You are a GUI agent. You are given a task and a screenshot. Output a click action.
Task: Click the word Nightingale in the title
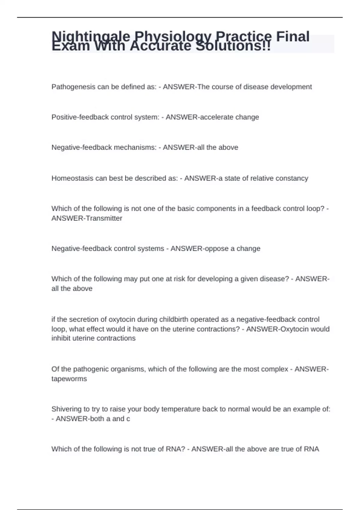click(91, 37)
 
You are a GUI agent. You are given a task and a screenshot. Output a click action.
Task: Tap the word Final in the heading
click(292, 37)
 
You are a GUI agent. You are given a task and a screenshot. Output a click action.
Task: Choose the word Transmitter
click(104, 218)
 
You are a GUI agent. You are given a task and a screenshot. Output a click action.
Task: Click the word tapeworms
click(69, 379)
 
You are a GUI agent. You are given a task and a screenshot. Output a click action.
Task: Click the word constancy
click(292, 178)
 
